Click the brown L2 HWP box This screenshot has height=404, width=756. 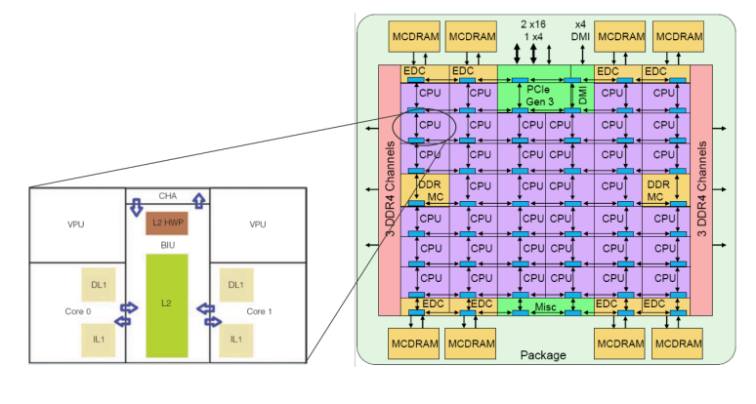(167, 222)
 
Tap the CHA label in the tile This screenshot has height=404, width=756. (167, 196)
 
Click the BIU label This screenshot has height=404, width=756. (167, 244)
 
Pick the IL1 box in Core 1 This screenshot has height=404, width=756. (235, 338)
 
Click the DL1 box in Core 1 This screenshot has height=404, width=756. (235, 284)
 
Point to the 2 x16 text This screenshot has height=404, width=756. (533, 21)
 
